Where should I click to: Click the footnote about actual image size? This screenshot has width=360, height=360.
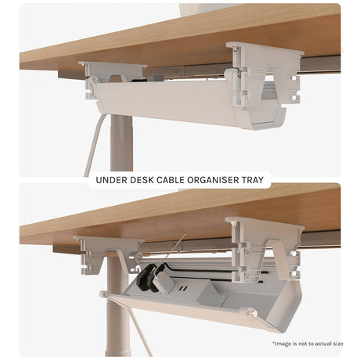pyautogui.click(x=308, y=344)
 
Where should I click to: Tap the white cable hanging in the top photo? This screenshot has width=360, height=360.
pyautogui.click(x=93, y=146)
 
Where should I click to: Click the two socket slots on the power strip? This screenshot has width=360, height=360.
pyautogui.click(x=183, y=289)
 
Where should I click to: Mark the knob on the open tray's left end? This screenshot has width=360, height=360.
pyautogui.click(x=104, y=294)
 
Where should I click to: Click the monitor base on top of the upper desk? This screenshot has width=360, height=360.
pyautogui.click(x=209, y=8)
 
